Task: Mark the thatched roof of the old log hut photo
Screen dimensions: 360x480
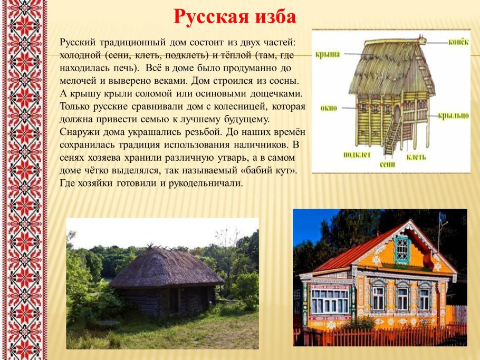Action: [x=164, y=266]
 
